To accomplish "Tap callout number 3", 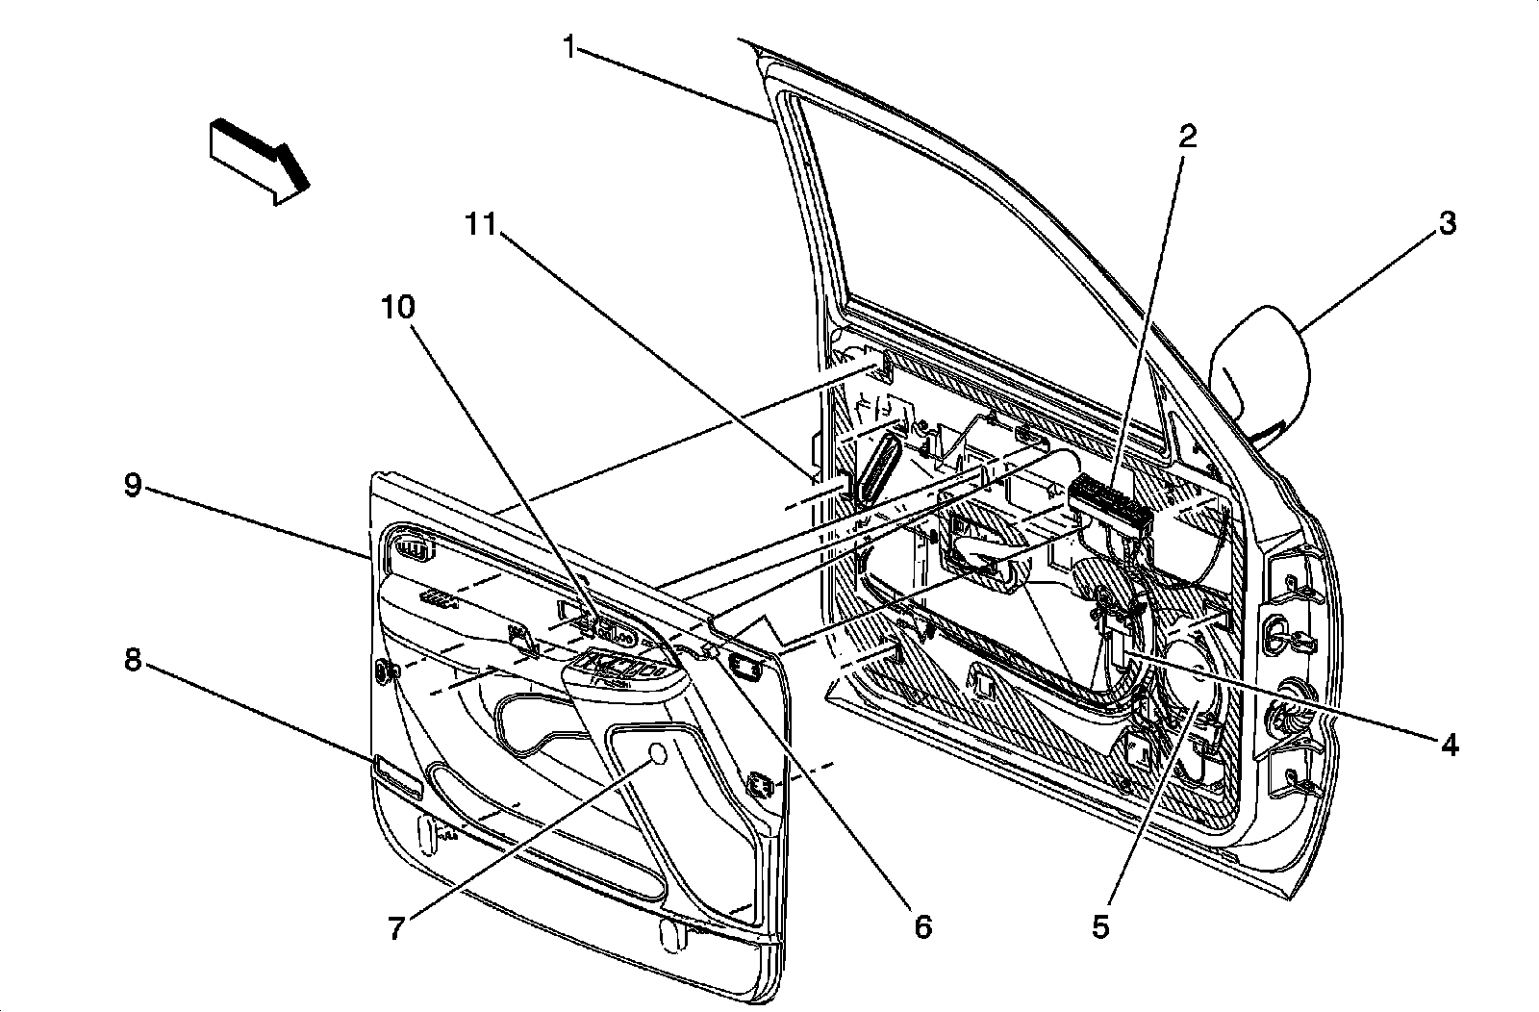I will (1447, 224).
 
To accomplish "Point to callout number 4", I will (1449, 744).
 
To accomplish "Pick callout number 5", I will (1100, 925).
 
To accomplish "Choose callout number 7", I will (395, 927).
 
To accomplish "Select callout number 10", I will (397, 308).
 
